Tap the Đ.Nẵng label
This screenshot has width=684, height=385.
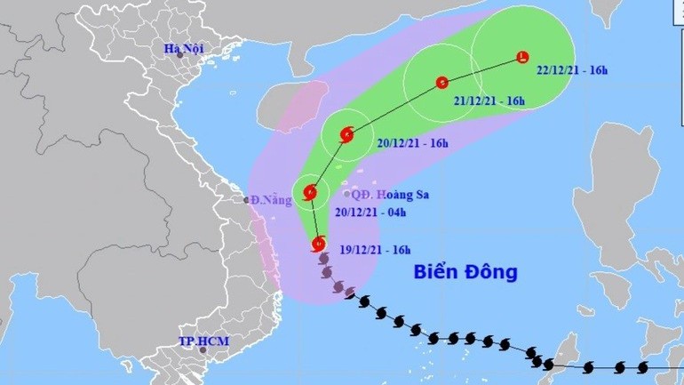(x=271, y=200)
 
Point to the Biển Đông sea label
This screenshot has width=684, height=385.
(x=465, y=272)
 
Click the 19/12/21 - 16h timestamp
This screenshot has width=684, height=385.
(x=366, y=251)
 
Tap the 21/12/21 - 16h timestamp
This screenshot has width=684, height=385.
(x=489, y=101)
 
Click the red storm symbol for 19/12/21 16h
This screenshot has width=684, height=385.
(x=318, y=243)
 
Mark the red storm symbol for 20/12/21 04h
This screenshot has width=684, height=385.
(x=310, y=191)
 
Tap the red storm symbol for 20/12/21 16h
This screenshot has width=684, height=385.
(x=346, y=135)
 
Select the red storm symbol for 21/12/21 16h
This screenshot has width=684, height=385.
(x=441, y=84)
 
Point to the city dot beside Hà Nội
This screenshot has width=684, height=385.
(x=179, y=55)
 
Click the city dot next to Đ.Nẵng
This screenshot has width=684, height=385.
(x=247, y=200)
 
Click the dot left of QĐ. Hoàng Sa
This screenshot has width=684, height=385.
(x=346, y=194)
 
